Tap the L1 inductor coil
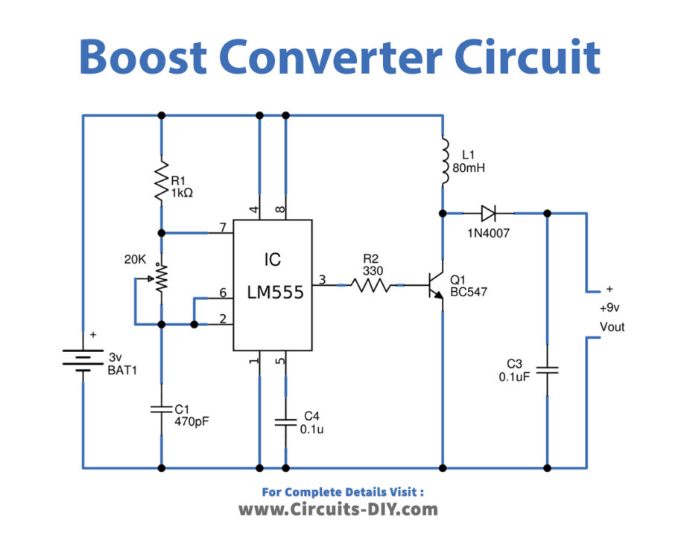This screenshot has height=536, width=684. coord(444,162)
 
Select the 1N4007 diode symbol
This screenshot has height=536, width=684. coord(489,214)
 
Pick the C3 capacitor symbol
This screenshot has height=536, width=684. coord(548,369)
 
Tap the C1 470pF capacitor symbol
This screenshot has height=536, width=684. coord(161,409)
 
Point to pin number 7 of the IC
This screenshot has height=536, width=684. coord(222,226)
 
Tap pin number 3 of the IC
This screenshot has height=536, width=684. coord(322,279)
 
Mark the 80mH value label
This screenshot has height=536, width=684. coord(469,168)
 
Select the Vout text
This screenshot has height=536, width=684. coord(612,327)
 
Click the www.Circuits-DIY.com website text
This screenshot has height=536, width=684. coord(338,509)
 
